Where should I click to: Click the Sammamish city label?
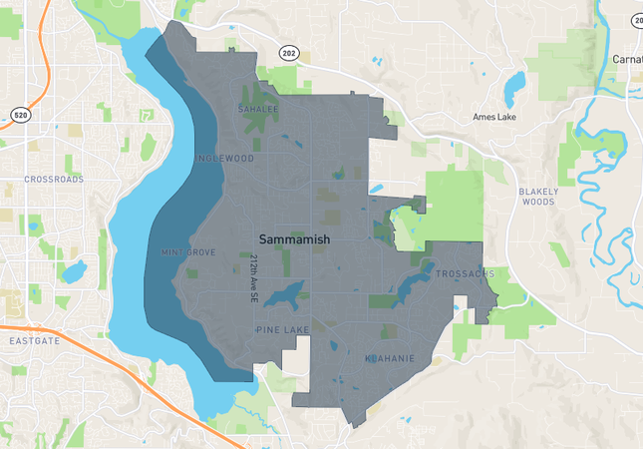tap(294, 240)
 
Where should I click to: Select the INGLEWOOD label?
tap(225, 159)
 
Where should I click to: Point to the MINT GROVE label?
tap(188, 252)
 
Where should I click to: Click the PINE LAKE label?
tap(282, 329)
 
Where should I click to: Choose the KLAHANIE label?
tap(383, 356)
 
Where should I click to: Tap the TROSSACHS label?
tap(464, 273)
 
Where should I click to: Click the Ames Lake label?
tap(496, 117)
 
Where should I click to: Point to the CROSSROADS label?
tap(55, 180)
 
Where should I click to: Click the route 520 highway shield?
tap(20, 116)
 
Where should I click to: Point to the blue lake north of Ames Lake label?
tap(513, 88)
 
